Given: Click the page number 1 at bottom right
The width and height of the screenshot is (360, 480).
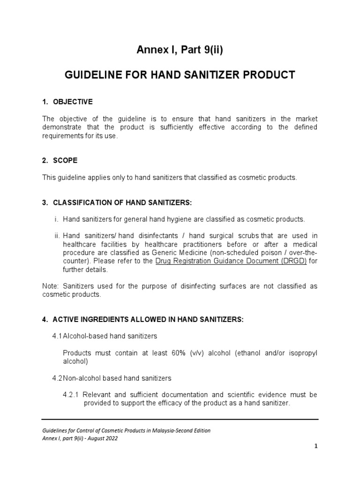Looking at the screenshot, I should pos(316,446).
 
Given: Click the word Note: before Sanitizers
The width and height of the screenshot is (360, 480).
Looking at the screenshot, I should pos(50,286).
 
